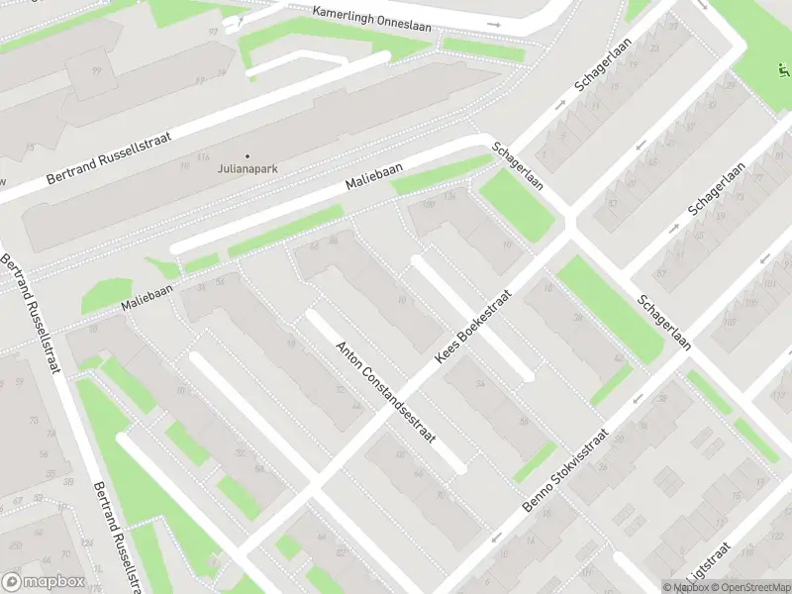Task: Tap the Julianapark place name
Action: click(247, 168)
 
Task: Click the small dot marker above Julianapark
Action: click(247, 155)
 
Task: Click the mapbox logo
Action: click(44, 581)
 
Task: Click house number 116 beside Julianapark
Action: click(203, 157)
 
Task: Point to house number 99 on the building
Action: click(96, 71)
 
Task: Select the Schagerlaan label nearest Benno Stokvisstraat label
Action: click(664, 323)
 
